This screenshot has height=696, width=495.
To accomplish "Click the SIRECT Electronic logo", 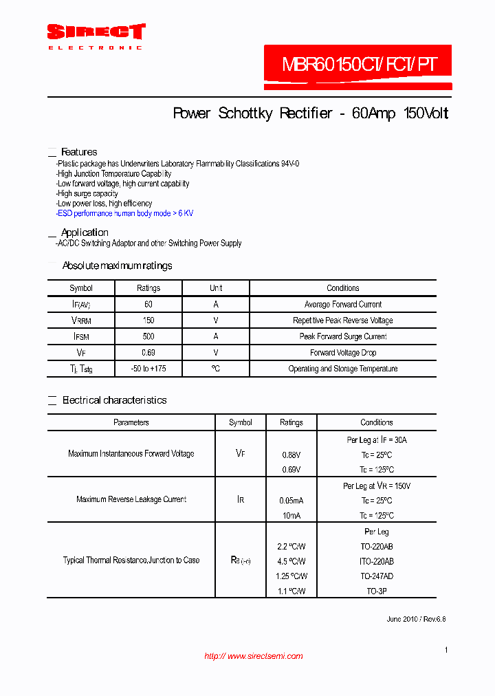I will [x=96, y=36].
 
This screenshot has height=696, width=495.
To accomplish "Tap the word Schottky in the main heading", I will [x=246, y=113].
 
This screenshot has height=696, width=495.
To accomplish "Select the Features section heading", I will [x=79, y=152].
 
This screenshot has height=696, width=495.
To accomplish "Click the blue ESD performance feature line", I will [x=124, y=213].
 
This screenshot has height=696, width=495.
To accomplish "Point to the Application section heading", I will [x=85, y=232].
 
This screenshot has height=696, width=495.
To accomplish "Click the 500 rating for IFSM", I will [x=148, y=336].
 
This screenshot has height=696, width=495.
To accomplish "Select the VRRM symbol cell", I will [x=81, y=320].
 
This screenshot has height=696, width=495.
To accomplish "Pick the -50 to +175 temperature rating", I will [x=148, y=369].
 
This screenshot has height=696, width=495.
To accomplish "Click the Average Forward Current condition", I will [x=342, y=304].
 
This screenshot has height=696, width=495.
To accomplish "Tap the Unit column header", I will [x=216, y=288].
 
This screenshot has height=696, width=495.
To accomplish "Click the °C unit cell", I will [x=216, y=369].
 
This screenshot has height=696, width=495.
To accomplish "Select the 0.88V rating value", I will [x=291, y=455].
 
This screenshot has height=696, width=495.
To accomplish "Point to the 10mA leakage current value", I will [x=291, y=516].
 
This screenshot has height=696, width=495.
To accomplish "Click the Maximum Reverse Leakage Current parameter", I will [x=131, y=499].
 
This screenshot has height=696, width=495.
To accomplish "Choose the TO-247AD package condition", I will [x=376, y=576].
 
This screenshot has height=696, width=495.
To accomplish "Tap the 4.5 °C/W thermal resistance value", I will [x=291, y=561].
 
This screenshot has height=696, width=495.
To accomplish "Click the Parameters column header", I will [x=131, y=422].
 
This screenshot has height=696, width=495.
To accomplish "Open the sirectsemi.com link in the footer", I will [x=254, y=656].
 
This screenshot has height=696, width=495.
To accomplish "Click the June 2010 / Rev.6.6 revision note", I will [x=416, y=619].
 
